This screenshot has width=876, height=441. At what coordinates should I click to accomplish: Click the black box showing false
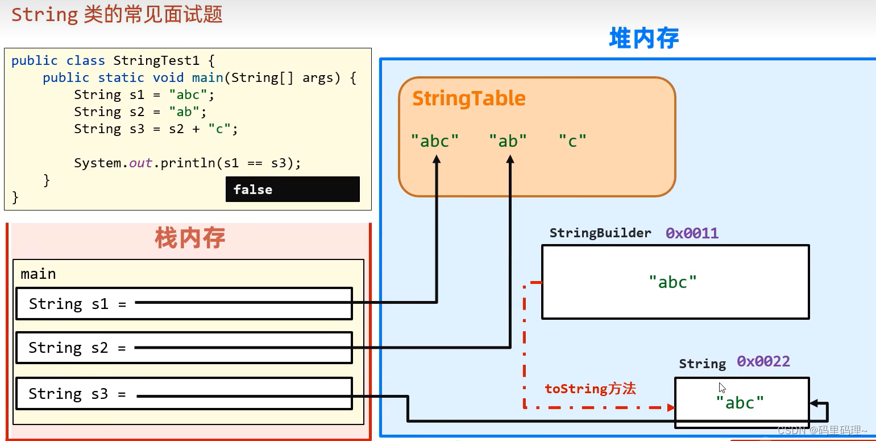[x=292, y=189]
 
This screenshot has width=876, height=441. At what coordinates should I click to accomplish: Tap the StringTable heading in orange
[x=468, y=98]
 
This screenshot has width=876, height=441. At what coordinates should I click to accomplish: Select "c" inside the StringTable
[x=572, y=141]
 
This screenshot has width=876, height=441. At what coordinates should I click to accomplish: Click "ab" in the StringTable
[x=508, y=141]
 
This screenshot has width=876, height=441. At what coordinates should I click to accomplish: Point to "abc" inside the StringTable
[x=435, y=141]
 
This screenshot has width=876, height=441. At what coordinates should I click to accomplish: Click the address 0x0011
[x=692, y=233]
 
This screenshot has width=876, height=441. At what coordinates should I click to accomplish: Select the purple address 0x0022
[x=763, y=362]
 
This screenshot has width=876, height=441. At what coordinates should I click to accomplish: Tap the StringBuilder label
[x=600, y=233]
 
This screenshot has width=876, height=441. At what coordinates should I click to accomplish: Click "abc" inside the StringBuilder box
[x=672, y=282]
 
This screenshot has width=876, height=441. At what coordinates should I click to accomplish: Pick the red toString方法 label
[x=590, y=389]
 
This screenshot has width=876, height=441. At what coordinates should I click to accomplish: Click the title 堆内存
[x=643, y=39]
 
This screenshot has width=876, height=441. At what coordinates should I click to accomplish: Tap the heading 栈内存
[x=190, y=238]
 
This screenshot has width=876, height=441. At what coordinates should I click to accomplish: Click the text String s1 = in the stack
[x=77, y=304]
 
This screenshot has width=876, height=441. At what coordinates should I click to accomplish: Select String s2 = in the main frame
[x=77, y=348]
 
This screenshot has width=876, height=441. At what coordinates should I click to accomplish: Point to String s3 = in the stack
[x=77, y=394]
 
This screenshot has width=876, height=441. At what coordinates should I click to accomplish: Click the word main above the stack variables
[x=38, y=274]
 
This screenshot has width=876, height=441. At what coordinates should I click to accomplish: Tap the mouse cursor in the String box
[x=722, y=388]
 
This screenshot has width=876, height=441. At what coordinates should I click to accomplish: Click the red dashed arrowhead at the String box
[x=671, y=407]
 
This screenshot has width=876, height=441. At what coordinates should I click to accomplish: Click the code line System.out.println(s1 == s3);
[x=187, y=164]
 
